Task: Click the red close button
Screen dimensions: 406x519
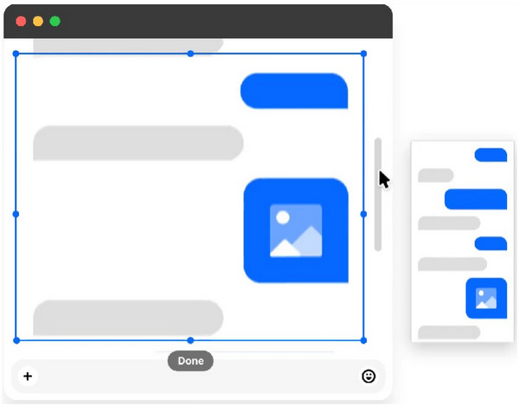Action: tap(21, 20)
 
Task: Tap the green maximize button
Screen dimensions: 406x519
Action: tap(54, 20)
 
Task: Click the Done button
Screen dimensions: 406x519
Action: tap(190, 360)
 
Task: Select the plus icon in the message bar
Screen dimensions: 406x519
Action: tap(28, 376)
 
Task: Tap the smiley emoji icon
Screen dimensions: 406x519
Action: tap(368, 376)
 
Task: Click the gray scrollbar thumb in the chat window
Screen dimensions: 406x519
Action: tap(378, 194)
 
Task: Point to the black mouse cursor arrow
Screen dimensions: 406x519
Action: tap(383, 179)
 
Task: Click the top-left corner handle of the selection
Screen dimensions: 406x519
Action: tap(16, 54)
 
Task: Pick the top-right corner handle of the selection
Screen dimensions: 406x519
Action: tap(363, 54)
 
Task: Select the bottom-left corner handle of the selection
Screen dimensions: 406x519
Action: tap(16, 340)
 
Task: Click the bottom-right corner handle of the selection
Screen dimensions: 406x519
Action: tap(363, 340)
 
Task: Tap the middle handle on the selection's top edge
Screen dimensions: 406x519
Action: tap(190, 54)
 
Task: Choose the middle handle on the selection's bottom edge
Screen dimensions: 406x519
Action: tap(190, 340)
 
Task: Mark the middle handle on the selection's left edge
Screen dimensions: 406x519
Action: tap(16, 213)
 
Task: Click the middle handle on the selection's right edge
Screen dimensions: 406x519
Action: tap(363, 213)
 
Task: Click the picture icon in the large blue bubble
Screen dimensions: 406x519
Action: tap(296, 231)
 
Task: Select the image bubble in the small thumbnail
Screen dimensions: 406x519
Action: tap(486, 298)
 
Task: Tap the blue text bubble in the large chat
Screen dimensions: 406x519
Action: tap(294, 91)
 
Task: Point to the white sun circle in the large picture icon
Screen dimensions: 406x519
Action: tap(282, 218)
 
